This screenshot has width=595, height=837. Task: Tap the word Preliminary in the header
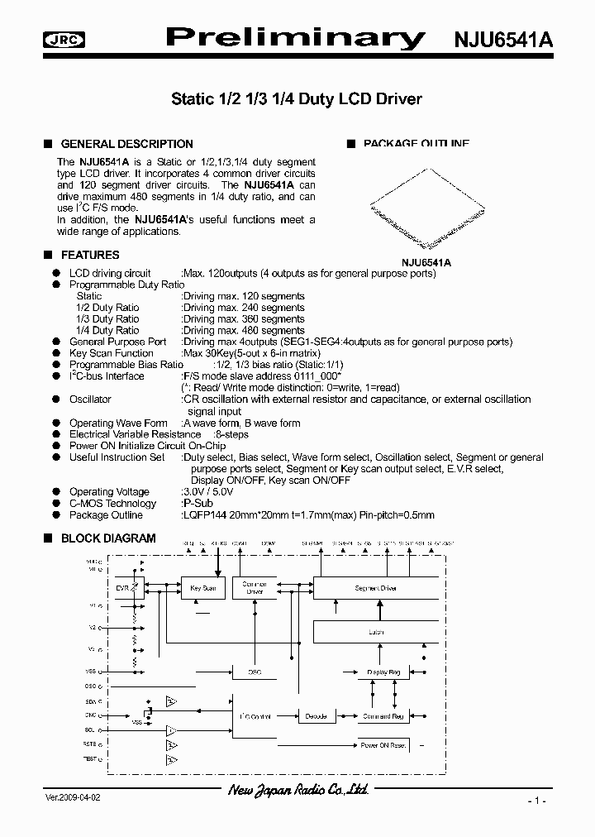coord(296,38)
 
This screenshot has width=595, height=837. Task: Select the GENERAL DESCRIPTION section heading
coord(126,144)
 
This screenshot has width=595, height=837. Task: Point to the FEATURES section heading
coord(90,255)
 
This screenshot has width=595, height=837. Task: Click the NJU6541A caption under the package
coord(426,262)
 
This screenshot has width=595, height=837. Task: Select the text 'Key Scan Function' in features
coord(112,353)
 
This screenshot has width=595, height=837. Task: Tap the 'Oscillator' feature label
coord(90,399)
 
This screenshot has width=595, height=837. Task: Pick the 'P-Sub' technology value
coord(195,504)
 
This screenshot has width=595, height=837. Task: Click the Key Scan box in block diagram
coord(202,588)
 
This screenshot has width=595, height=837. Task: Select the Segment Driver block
coord(376,588)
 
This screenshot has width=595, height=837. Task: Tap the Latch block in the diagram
coord(376,632)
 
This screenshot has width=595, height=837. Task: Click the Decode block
coord(316,716)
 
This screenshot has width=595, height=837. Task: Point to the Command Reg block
coord(382,716)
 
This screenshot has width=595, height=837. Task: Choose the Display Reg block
coord(383,672)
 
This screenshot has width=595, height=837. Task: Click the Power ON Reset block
coord(383,745)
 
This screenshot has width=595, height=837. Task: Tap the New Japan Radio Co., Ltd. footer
coord(297,792)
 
